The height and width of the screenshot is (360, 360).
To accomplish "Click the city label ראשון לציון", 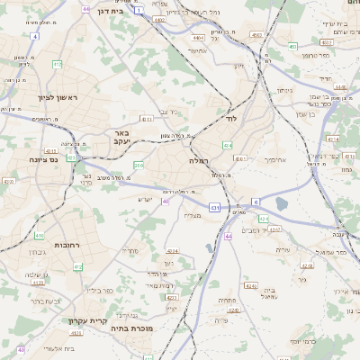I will click(45, 97).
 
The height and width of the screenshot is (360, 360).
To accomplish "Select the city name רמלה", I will click(199, 159).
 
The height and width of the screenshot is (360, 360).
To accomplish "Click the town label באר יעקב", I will click(122, 137).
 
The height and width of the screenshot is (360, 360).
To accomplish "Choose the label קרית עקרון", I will click(87, 320).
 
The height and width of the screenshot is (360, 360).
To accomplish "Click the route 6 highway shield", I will click(256, 201).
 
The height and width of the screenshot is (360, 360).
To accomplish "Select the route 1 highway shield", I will click(139, 8).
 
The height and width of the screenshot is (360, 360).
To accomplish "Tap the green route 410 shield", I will click(39, 236).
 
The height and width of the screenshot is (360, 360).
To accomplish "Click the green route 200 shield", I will click(138, 166).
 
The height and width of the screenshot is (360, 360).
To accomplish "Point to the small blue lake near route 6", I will click(281, 204).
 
